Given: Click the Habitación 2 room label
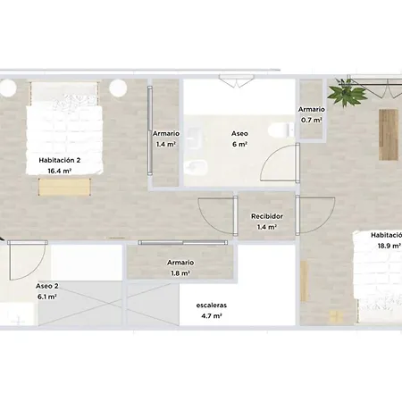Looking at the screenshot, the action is click(x=60, y=160).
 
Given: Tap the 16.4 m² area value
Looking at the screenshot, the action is click(x=60, y=171).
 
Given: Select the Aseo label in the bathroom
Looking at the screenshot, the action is click(x=239, y=133).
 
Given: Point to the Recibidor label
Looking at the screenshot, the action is click(x=267, y=216).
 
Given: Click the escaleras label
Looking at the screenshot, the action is click(x=212, y=306).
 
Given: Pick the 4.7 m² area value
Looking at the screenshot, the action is click(x=212, y=316).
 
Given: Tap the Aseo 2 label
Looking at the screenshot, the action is click(x=47, y=286).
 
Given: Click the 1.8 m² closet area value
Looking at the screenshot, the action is click(x=180, y=273).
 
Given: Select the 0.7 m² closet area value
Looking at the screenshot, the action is click(x=312, y=120).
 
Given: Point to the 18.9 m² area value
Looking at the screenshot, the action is click(x=389, y=246).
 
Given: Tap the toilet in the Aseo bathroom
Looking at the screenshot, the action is click(x=281, y=130).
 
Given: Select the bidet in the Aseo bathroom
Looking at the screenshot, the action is click(x=196, y=168).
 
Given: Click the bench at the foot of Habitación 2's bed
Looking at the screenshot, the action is click(x=64, y=187).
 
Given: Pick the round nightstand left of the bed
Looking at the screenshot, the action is click(x=7, y=88).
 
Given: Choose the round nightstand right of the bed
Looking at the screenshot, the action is click(x=118, y=88).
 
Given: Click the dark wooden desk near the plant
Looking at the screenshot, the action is click(x=389, y=135).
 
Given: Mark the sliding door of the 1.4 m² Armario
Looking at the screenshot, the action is click(x=150, y=130).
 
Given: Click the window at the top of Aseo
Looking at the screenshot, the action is click(x=237, y=80).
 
